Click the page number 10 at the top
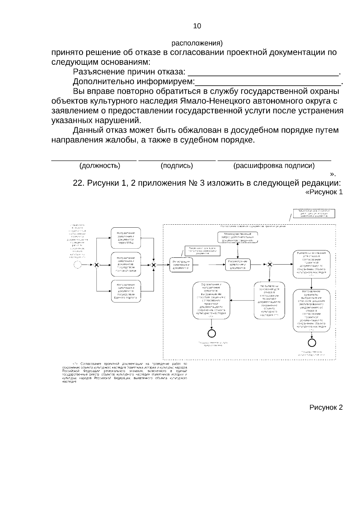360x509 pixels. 197,26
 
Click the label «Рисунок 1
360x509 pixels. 323,192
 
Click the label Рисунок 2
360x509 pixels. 326,407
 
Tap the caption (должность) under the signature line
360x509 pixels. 100,166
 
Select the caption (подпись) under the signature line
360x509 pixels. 177,166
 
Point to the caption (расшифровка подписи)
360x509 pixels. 274,166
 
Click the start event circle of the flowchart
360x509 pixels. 78,265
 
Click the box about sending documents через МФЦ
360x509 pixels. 126,238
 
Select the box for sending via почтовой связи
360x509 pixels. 126,264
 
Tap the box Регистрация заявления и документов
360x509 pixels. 181,265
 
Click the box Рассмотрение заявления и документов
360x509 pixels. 238,265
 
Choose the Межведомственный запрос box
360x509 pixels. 238,237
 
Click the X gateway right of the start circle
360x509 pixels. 97,265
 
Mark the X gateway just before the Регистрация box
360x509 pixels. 154,265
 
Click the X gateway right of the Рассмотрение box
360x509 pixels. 269,265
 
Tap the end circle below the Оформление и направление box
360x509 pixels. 212,333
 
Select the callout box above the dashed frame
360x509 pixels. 314,214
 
